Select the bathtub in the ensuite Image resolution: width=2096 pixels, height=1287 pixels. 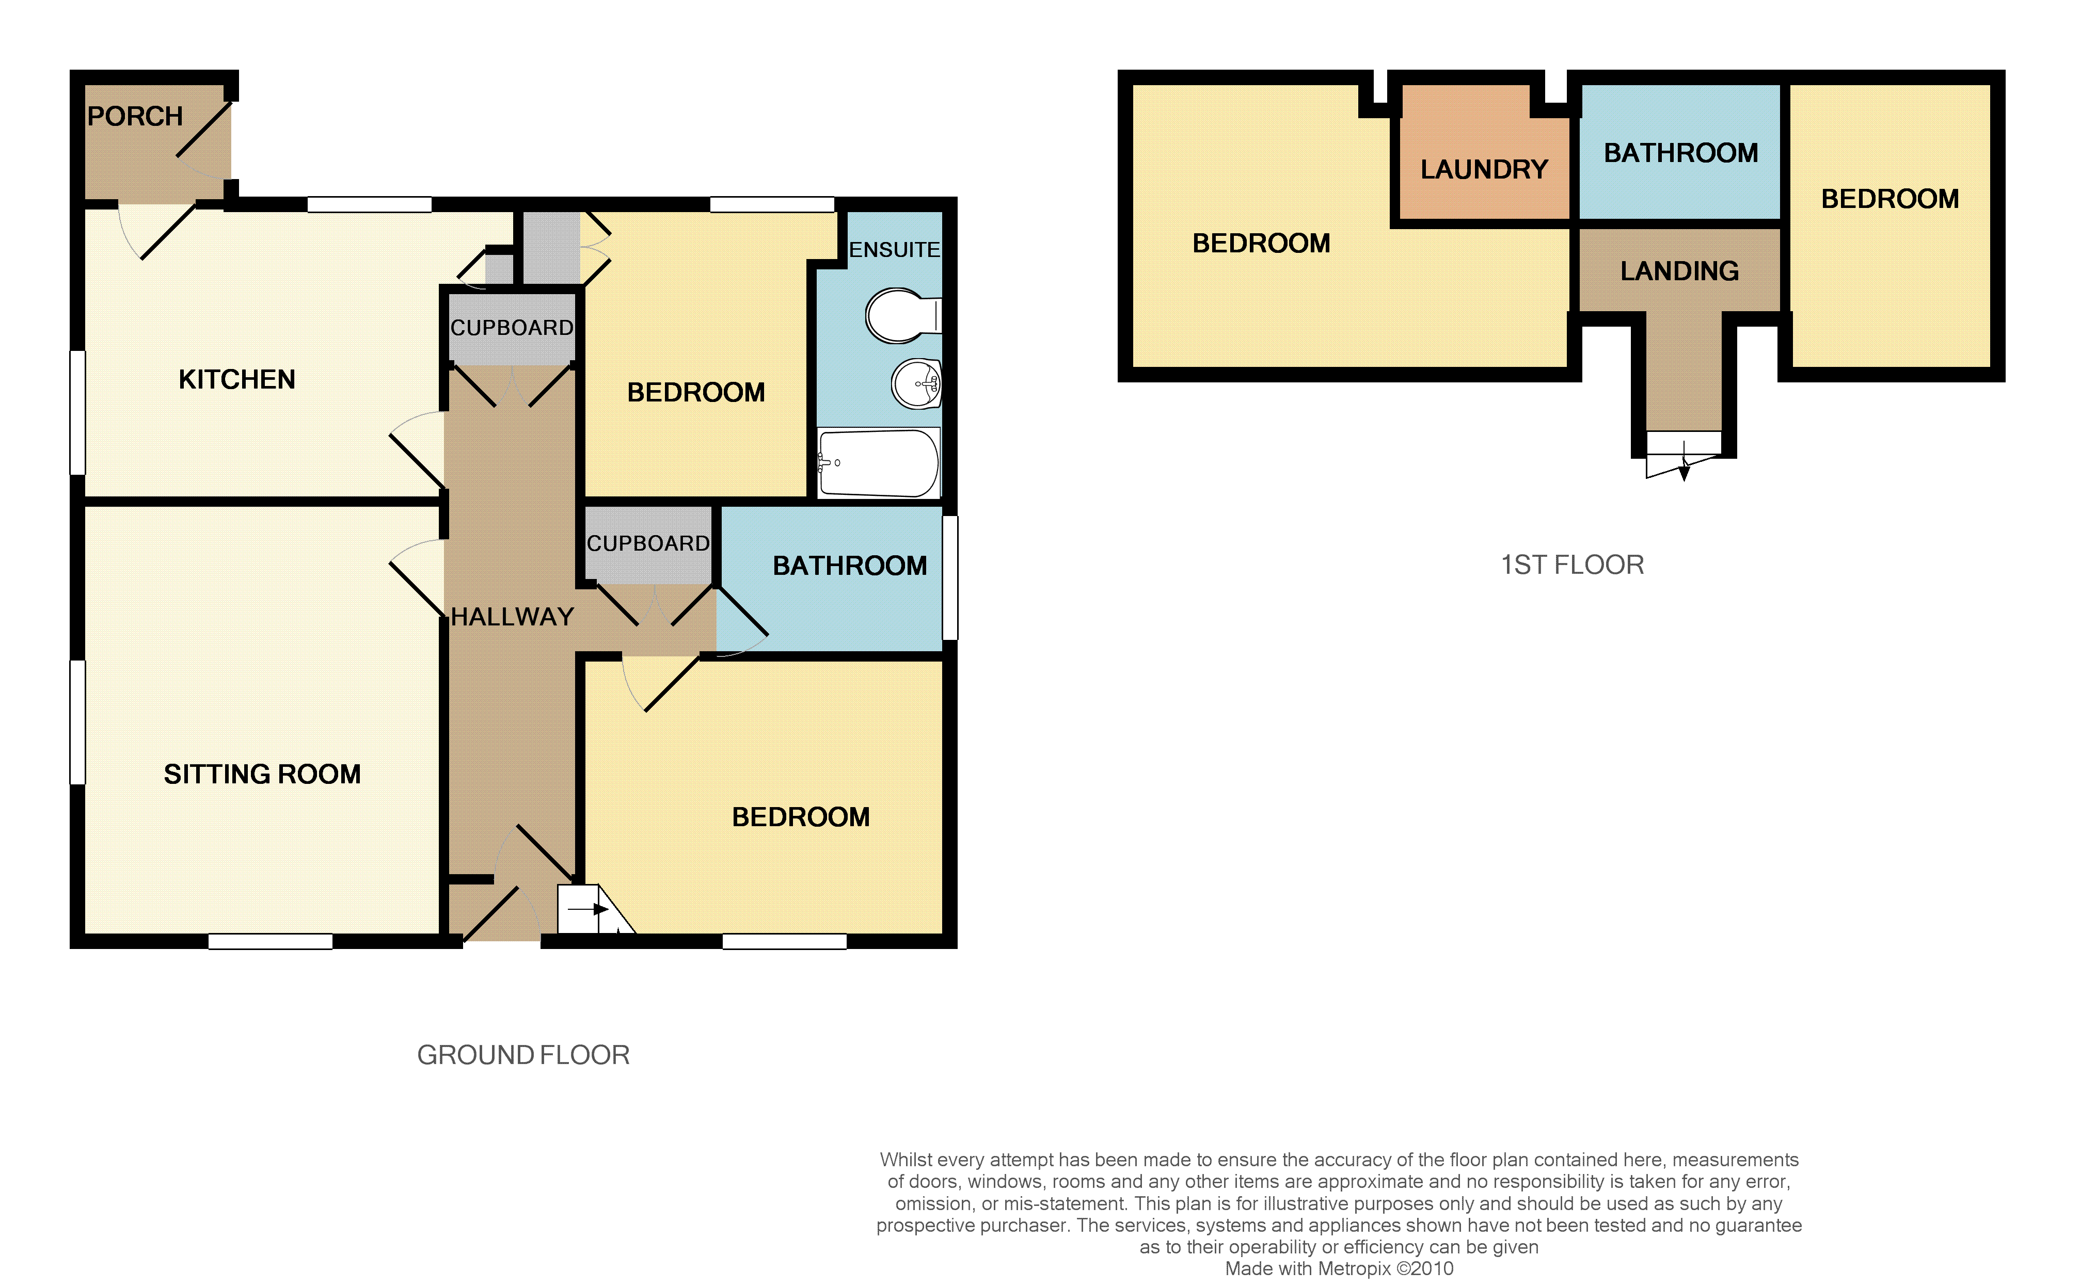pyautogui.click(x=879, y=462)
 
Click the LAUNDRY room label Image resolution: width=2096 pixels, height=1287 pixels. pyautogui.click(x=1484, y=169)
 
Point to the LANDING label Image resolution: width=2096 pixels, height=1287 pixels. pyautogui.click(x=1679, y=271)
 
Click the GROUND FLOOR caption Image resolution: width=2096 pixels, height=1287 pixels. pyautogui.click(x=523, y=1055)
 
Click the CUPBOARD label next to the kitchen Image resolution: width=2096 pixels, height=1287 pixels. pyautogui.click(x=512, y=328)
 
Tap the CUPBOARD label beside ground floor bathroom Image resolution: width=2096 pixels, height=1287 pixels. pyautogui.click(x=648, y=543)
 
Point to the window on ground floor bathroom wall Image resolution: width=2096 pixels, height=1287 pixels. pyautogui.click(x=950, y=577)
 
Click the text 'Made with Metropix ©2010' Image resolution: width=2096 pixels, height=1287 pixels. pyautogui.click(x=1339, y=1268)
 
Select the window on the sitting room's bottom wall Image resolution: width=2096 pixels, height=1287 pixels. pyautogui.click(x=271, y=941)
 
